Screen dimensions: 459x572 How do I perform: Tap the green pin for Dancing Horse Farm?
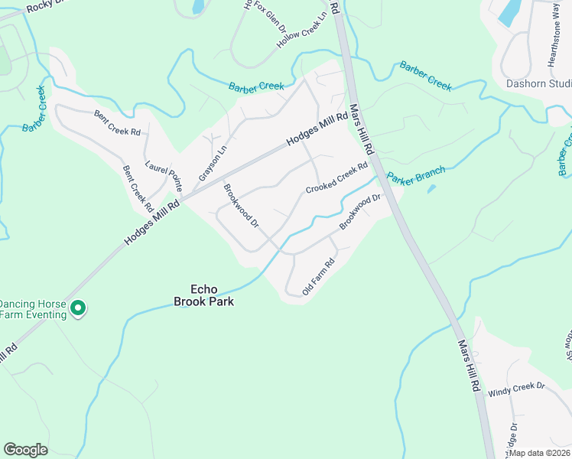coord(77,308)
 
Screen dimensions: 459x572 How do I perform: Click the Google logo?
coord(26,450)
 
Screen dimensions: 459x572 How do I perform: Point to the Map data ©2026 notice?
coord(538,453)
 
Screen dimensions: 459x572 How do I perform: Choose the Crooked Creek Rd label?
coord(336,177)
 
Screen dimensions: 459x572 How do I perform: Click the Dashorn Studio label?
coord(538,83)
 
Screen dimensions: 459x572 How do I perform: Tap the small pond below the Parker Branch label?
coord(432,188)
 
